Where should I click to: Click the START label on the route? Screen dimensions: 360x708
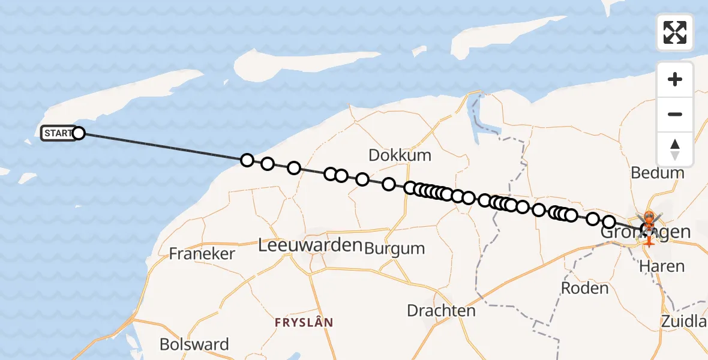(x=58, y=133)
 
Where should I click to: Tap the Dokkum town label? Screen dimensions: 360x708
(x=400, y=155)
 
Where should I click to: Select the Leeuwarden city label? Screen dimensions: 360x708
(x=310, y=245)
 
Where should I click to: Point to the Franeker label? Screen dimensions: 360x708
(x=202, y=253)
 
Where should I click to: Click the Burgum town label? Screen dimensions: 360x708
(x=395, y=248)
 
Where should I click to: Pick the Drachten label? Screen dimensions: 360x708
(x=441, y=311)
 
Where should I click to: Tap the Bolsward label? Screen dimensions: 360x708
(x=194, y=344)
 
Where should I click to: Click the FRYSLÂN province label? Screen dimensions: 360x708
(x=304, y=323)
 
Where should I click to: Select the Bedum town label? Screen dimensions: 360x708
(x=658, y=173)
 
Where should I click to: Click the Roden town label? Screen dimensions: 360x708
(x=584, y=288)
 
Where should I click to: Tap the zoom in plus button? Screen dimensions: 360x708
(x=675, y=79)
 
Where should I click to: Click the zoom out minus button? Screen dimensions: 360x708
(x=675, y=114)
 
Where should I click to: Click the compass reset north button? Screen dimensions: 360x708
(x=675, y=149)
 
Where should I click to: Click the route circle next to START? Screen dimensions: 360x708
(x=79, y=133)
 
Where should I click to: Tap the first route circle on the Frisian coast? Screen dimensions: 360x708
(x=247, y=160)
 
